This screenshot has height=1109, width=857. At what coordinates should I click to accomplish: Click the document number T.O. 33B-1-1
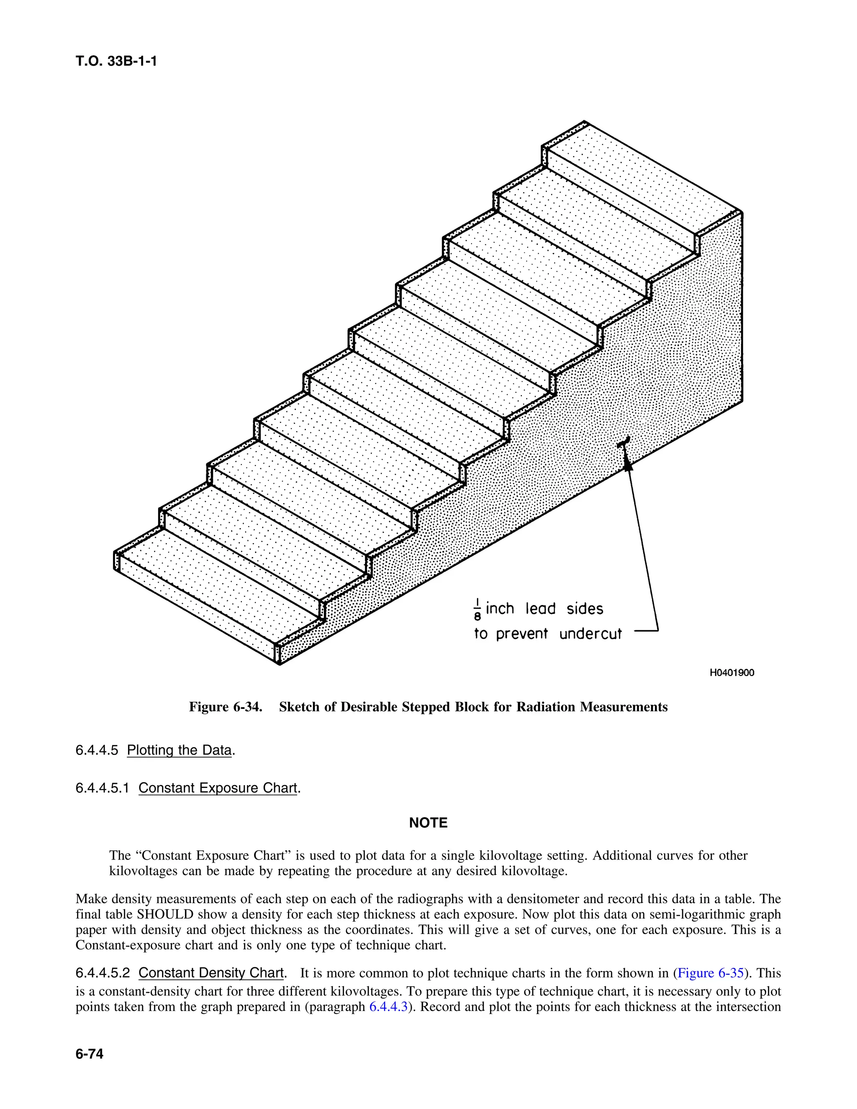tap(116, 62)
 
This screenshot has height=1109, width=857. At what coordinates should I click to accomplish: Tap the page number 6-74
tap(90, 1054)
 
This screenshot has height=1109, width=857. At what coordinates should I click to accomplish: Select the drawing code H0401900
tap(731, 673)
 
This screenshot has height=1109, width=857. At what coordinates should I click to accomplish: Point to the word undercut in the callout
tap(590, 634)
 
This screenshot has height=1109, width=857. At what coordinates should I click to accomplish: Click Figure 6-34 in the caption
tap(226, 707)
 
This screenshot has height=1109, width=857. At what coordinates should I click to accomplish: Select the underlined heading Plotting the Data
tap(179, 750)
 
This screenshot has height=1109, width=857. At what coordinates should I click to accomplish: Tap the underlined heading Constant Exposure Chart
tap(217, 788)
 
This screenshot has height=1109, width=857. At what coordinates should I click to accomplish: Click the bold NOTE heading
tap(428, 823)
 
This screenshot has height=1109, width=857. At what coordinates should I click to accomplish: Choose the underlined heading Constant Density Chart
tap(211, 973)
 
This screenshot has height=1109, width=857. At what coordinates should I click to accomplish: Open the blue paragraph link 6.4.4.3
tap(388, 1006)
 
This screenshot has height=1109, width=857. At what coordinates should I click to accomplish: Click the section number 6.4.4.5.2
tap(103, 973)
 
